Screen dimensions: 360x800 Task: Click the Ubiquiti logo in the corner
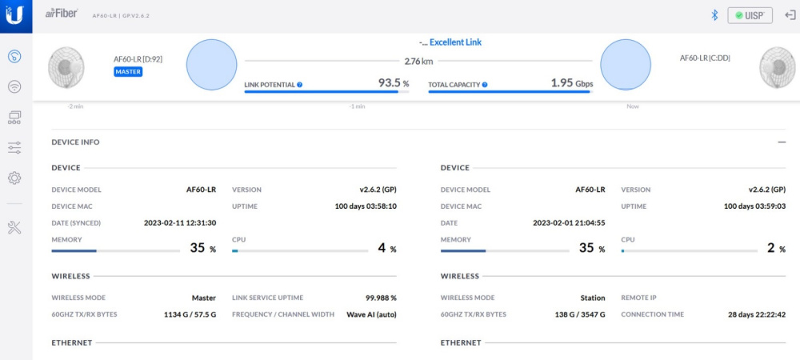[16, 15]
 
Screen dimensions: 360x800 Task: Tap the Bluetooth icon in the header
[714, 15]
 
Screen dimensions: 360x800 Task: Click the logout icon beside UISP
[789, 15]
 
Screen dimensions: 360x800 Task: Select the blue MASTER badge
[128, 71]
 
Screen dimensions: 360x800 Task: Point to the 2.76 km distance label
[418, 61]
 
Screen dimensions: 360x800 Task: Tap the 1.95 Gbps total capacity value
[571, 82]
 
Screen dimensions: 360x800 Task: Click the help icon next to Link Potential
[299, 84]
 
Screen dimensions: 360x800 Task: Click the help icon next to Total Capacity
[485, 84]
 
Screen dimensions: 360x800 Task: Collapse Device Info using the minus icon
[781, 142]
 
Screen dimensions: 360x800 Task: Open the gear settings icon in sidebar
[14, 178]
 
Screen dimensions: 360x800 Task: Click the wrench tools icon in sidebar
[14, 228]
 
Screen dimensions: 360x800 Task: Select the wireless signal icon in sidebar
[14, 86]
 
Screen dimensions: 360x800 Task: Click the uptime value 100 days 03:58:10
[366, 206]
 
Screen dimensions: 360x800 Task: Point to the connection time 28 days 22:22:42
[757, 314]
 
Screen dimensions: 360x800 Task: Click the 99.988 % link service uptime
[381, 298]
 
